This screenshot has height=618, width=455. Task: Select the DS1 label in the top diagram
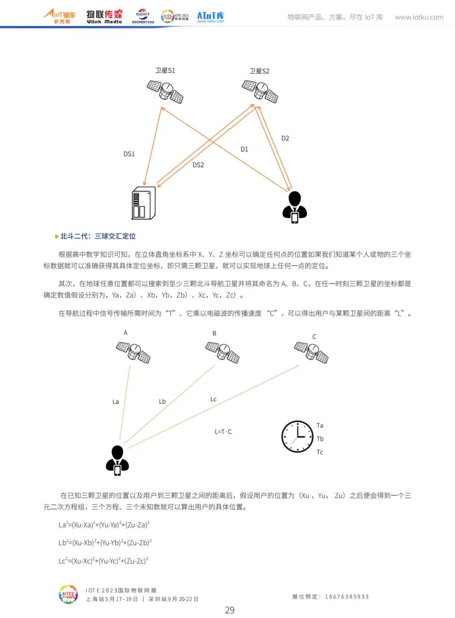129,154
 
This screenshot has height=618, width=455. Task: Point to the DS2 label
198,165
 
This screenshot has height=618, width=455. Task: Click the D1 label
244,149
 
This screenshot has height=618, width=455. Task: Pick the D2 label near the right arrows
285,138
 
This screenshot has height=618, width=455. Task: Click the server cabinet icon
144,203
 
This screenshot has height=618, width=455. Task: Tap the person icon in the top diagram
294,207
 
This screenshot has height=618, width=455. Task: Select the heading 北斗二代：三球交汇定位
98,236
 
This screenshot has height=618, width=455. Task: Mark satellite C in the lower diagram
311,353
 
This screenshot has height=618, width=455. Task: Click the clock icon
297,437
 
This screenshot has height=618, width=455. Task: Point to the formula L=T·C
223,432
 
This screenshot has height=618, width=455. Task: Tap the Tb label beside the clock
320,439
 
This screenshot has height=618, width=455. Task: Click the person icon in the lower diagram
118,460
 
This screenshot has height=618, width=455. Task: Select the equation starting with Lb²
105,542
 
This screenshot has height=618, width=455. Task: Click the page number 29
230,610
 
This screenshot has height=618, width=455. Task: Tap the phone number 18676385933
347,596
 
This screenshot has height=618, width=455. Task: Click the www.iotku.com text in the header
419,17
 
